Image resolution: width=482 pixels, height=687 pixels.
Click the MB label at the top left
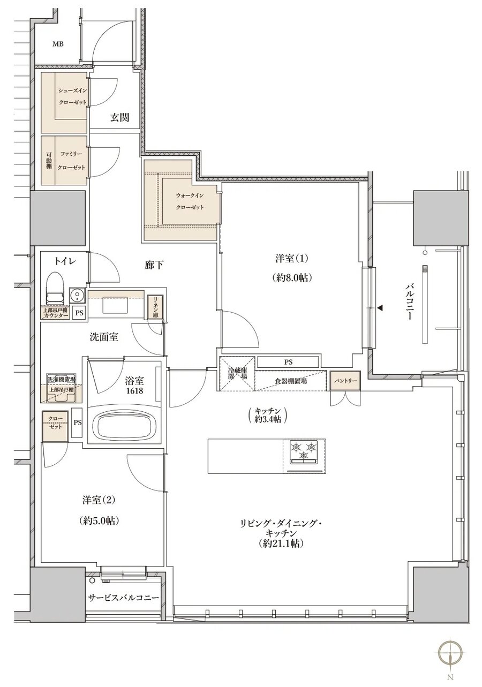[x=57, y=44]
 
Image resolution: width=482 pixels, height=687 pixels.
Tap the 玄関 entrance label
[x=119, y=118]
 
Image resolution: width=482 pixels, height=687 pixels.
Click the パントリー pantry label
[x=344, y=380]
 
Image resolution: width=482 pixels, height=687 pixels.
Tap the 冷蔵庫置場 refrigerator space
[x=236, y=373]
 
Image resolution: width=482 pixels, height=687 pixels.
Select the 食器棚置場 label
[x=291, y=381]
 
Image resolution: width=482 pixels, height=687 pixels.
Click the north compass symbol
[x=450, y=653]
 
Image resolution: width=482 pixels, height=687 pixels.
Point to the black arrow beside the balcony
[x=381, y=308]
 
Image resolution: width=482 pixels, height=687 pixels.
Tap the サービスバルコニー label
[x=123, y=598]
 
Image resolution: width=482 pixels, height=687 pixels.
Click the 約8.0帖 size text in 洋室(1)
[x=292, y=278]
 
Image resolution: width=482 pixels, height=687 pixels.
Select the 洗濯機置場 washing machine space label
[x=61, y=379]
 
